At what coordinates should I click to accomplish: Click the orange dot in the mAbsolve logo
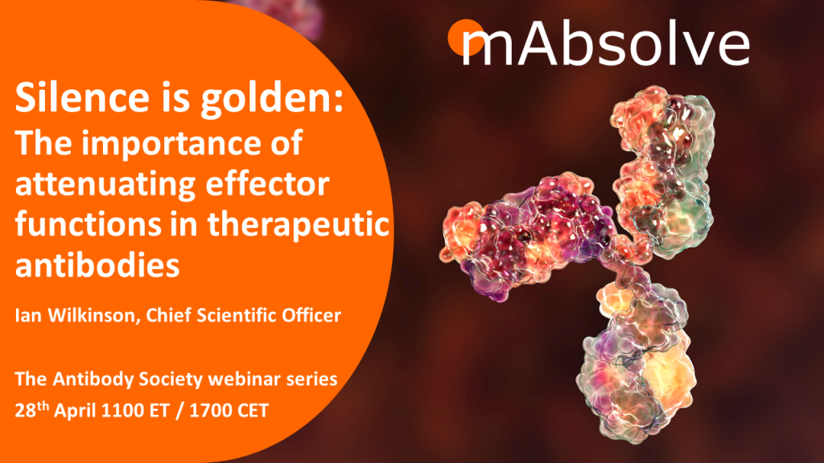(466, 37)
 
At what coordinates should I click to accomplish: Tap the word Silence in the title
(82, 97)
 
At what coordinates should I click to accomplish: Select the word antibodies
(97, 265)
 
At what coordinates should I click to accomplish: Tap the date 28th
(31, 409)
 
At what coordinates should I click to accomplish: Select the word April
(75, 411)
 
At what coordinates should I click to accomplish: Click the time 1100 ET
(135, 411)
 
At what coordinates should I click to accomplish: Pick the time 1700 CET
(229, 411)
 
